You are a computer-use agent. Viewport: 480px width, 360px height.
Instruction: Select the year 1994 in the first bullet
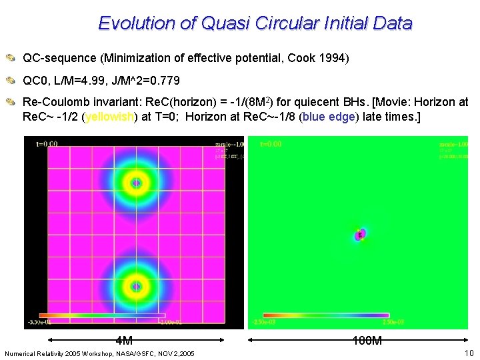335,58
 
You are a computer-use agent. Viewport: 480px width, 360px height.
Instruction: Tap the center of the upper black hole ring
136,182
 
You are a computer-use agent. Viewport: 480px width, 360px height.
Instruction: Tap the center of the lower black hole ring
136,286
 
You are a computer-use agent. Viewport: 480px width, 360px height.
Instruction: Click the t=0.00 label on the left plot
46,143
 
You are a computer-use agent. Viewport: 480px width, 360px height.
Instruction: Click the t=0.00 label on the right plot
270,143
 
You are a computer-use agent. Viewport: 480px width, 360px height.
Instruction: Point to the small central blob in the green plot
360,235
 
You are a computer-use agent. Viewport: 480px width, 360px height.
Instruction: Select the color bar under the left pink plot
102,315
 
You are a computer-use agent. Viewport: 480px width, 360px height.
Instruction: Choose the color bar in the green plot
326,315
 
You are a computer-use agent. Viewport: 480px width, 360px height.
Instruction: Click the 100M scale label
367,341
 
